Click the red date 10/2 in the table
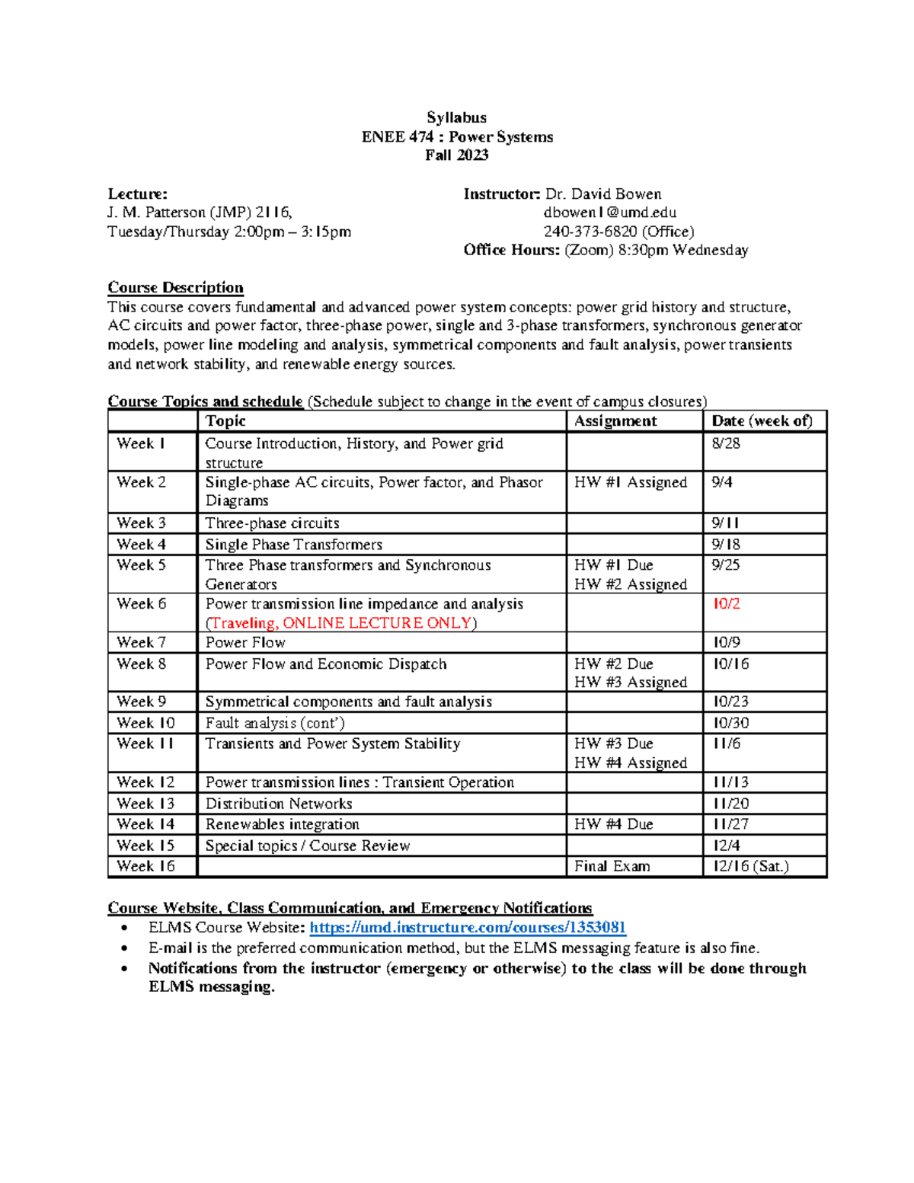[x=726, y=604]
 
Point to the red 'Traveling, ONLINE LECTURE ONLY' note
[x=341, y=623]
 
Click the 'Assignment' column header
[x=615, y=421]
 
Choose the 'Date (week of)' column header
[x=762, y=421]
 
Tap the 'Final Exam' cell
[x=612, y=866]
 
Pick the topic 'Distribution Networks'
[x=279, y=804]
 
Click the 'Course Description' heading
[x=175, y=287]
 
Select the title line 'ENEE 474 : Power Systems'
[x=457, y=137]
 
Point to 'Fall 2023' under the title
[x=457, y=155]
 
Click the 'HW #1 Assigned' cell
[x=630, y=482]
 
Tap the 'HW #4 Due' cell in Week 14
[x=613, y=824]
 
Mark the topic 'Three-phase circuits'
[x=272, y=523]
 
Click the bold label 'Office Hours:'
[x=511, y=250]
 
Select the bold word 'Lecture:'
[x=137, y=194]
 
